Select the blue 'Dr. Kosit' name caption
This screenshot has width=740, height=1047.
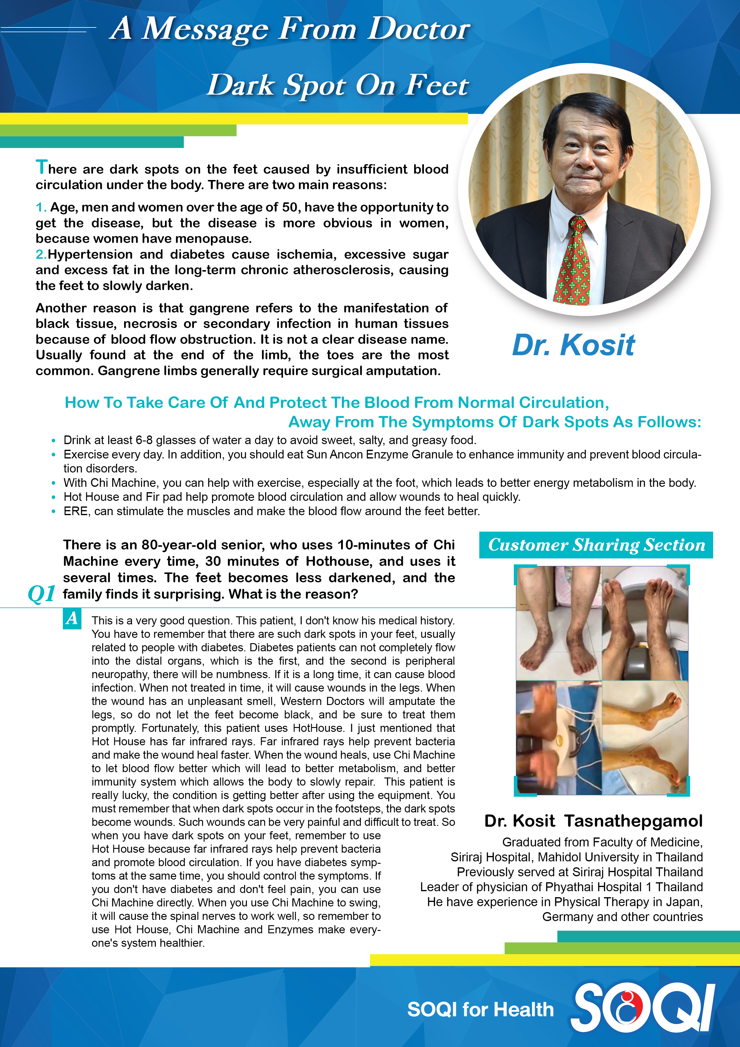coord(573,345)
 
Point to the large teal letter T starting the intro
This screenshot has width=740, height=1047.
coord(41,167)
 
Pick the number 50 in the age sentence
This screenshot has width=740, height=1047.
coord(289,207)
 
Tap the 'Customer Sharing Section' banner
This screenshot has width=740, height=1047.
coord(596,545)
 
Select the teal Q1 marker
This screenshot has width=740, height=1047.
coord(41,594)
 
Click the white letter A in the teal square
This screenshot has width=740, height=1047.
coord(72,619)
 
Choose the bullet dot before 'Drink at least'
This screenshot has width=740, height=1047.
coord(54,441)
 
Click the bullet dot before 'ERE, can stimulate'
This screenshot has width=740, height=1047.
coord(54,512)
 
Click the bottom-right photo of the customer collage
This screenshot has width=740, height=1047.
coord(645,738)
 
